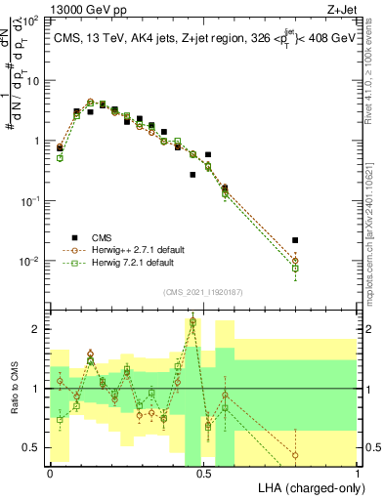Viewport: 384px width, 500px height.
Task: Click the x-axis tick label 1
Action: click(358, 473)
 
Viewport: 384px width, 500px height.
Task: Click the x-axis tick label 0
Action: click(51, 473)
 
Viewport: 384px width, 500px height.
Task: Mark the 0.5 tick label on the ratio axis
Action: click(31, 447)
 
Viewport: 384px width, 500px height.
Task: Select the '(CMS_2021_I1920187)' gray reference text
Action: click(203, 290)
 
